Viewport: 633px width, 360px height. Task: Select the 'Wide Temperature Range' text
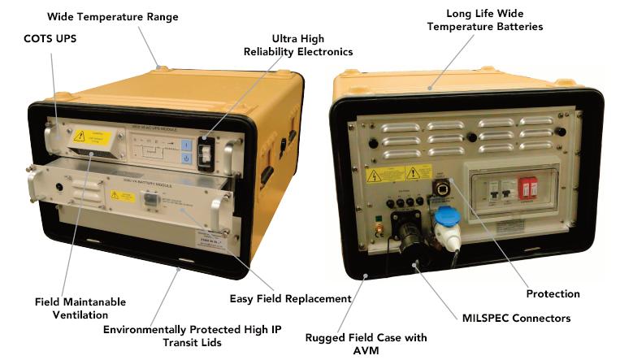click(112, 16)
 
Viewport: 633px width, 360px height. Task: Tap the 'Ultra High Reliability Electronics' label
click(298, 46)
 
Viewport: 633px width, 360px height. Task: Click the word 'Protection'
click(553, 293)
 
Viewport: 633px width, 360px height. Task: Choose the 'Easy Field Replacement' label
click(289, 298)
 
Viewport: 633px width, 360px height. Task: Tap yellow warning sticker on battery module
click(123, 195)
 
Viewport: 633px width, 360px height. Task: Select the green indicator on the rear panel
click(377, 219)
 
